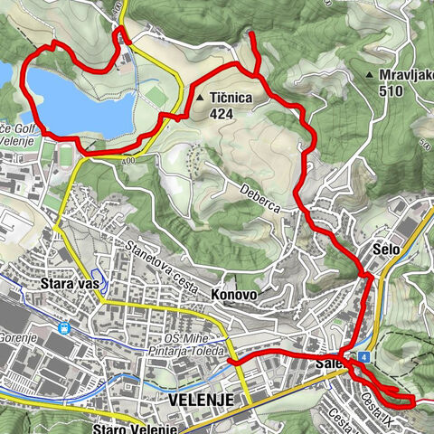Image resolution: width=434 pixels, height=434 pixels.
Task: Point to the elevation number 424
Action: [x=222, y=114]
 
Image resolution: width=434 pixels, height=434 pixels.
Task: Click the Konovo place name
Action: [x=233, y=295]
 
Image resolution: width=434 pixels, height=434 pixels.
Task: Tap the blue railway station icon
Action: [x=63, y=329]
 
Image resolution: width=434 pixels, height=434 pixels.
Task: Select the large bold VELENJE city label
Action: [x=201, y=399]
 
